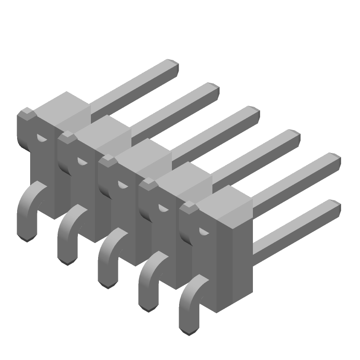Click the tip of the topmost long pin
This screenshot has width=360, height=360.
pyautogui.click(x=173, y=66)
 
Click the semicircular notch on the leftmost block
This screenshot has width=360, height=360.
pyautogui.click(x=41, y=138)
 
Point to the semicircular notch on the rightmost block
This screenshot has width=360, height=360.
pyautogui.click(x=204, y=232)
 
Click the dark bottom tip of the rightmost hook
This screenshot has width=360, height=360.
pyautogui.click(x=189, y=332)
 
